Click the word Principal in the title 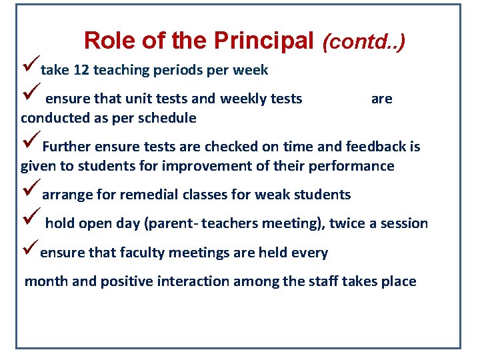point(263,41)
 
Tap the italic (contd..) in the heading point(363,43)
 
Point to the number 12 point(84,70)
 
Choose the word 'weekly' point(243,99)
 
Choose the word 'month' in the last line point(46,281)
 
